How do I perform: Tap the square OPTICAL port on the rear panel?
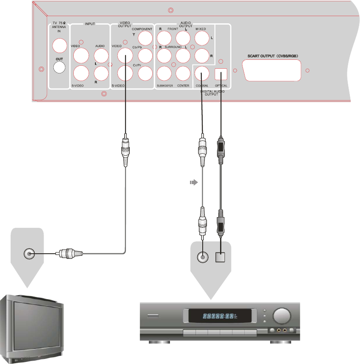(221, 74)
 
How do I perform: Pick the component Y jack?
(145, 39)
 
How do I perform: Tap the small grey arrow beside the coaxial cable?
(193, 182)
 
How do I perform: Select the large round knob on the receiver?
(281, 316)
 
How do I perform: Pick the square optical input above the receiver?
(221, 257)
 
